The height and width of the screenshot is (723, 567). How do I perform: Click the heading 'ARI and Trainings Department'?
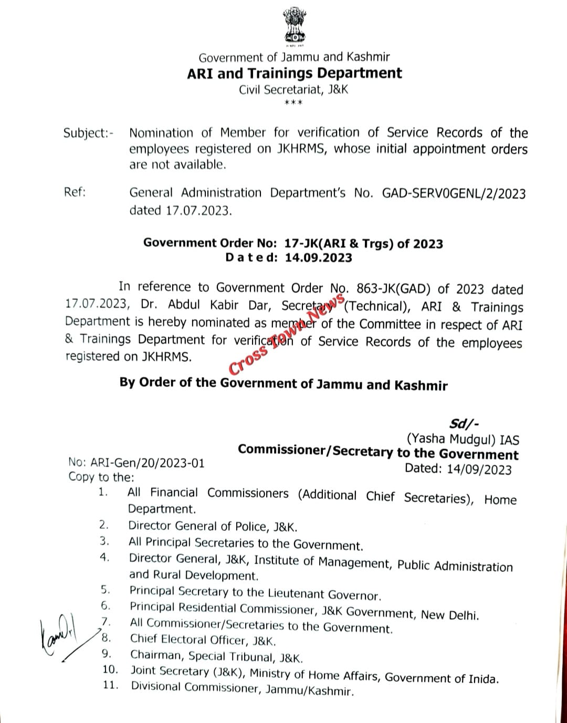tap(294, 73)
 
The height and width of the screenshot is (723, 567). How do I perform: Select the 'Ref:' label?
tap(75, 192)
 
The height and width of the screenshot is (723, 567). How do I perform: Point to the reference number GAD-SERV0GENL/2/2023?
tap(454, 194)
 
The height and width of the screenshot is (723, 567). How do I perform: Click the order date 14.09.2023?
tap(319, 258)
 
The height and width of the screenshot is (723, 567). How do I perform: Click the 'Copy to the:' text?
tap(101, 477)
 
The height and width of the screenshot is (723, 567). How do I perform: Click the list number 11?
tap(110, 685)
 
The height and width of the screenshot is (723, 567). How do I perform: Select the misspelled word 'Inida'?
tap(482, 678)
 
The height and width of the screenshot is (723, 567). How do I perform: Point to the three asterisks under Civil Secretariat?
tap(293, 102)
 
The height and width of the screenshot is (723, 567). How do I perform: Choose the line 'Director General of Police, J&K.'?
tap(213, 526)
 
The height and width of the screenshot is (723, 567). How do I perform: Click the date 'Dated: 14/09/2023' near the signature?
tap(458, 469)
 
